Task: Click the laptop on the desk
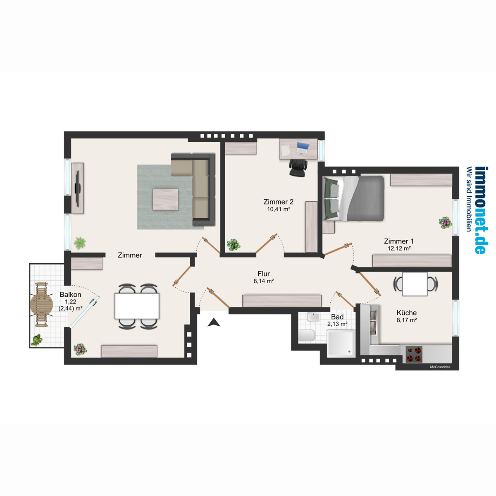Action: pyautogui.click(x=302, y=149)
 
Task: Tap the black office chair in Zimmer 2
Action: pyautogui.click(x=298, y=167)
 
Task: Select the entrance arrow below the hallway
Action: pyautogui.click(x=214, y=322)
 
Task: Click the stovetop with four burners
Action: pyautogui.click(x=414, y=354)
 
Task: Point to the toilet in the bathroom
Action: pyautogui.click(x=307, y=336)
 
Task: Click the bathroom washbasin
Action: pyautogui.click(x=313, y=317)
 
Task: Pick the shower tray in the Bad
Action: pyautogui.click(x=341, y=343)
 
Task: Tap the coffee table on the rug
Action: pyautogui.click(x=165, y=200)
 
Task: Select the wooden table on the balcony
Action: pyautogui.click(x=41, y=305)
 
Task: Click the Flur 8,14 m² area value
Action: pyautogui.click(x=264, y=281)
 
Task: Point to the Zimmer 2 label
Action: pyautogui.click(x=279, y=202)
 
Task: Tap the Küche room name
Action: pyautogui.click(x=407, y=313)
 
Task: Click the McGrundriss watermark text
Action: pyautogui.click(x=440, y=367)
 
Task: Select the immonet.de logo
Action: pyautogui.click(x=480, y=210)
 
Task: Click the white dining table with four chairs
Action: pyautogui.click(x=137, y=306)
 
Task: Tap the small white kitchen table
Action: pyautogui.click(x=415, y=284)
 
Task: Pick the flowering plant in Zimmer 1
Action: pyautogui.click(x=445, y=223)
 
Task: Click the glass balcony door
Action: pyautogui.click(x=84, y=312)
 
